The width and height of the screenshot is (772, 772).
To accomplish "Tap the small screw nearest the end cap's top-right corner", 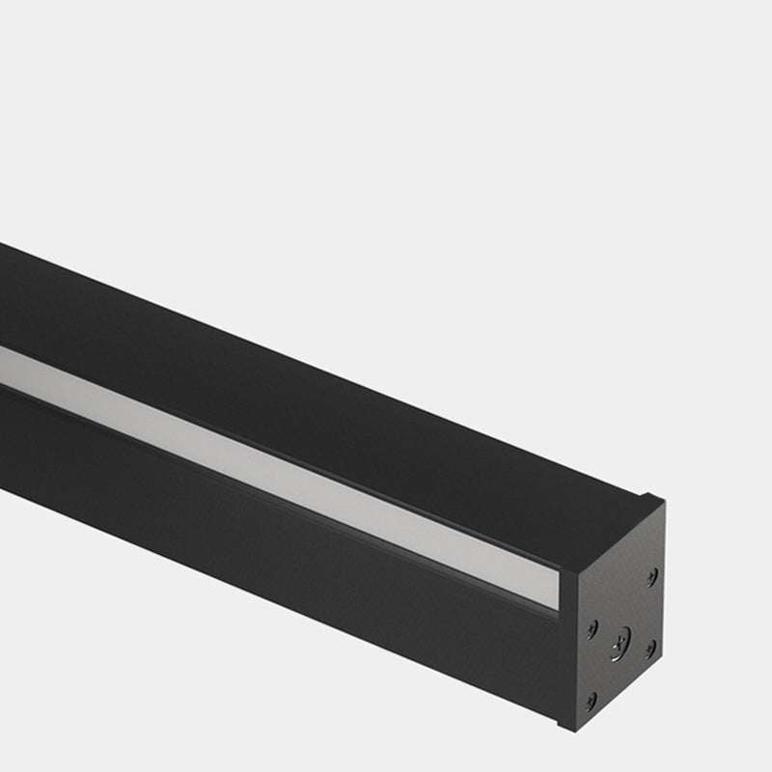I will point(652,575).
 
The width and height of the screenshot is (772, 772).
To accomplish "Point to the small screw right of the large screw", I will point(651,648).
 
